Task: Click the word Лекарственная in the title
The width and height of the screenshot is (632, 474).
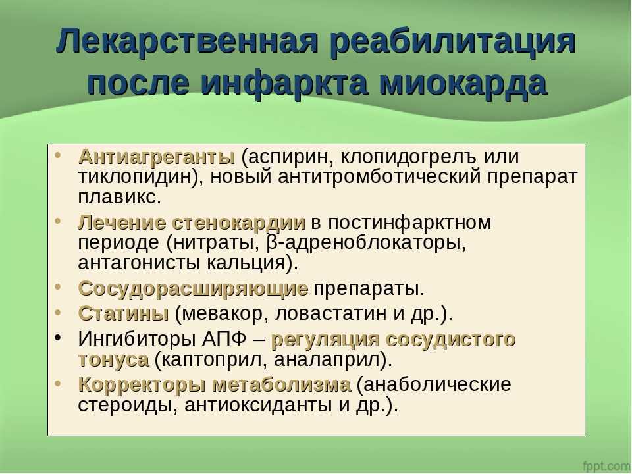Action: (x=188, y=40)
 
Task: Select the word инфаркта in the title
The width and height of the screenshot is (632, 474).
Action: (x=284, y=83)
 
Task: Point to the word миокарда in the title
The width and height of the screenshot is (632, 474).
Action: (x=463, y=83)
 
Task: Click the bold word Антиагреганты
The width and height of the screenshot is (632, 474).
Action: (x=157, y=157)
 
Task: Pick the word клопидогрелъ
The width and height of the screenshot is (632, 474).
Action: (x=409, y=157)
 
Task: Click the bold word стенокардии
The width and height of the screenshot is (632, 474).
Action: (x=238, y=223)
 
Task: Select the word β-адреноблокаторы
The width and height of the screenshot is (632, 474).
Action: (x=365, y=243)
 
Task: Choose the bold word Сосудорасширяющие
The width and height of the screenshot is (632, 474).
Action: (x=194, y=288)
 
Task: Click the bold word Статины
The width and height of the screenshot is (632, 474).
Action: (x=123, y=313)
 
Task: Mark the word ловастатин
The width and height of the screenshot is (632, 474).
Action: (x=331, y=313)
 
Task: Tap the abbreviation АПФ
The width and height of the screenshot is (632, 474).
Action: (x=224, y=338)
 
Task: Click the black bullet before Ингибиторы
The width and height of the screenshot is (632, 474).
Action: (x=58, y=338)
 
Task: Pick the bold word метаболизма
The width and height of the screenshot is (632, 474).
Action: (x=282, y=384)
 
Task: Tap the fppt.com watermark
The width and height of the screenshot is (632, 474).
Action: (x=606, y=465)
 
